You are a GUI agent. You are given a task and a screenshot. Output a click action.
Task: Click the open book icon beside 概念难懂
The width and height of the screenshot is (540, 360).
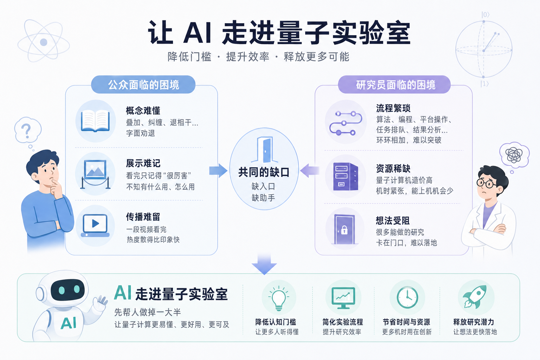95,121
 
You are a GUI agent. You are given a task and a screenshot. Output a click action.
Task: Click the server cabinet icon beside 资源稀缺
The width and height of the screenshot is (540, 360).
346,176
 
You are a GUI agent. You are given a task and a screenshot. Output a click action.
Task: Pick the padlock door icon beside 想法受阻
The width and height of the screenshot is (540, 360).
345,229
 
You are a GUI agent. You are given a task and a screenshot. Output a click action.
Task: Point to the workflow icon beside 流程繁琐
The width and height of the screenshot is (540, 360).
346,123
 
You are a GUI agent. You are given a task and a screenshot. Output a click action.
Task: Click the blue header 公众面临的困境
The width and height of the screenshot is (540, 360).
143,85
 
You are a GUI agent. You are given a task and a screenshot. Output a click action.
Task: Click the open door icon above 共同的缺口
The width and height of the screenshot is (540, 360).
264,150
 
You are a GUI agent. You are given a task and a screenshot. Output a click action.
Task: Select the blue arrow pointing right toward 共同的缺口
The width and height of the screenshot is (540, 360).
218,171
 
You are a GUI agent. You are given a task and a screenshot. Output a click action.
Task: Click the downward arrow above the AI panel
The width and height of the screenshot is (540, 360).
264,264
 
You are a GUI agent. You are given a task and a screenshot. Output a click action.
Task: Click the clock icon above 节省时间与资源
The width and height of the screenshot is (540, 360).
407,297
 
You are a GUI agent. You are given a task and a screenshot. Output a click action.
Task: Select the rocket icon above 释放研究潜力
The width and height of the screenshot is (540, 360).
475,297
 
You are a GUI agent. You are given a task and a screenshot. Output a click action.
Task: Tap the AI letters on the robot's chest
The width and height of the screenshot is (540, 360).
69,323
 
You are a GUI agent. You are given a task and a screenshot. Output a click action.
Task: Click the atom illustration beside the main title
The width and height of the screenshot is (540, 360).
44,41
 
